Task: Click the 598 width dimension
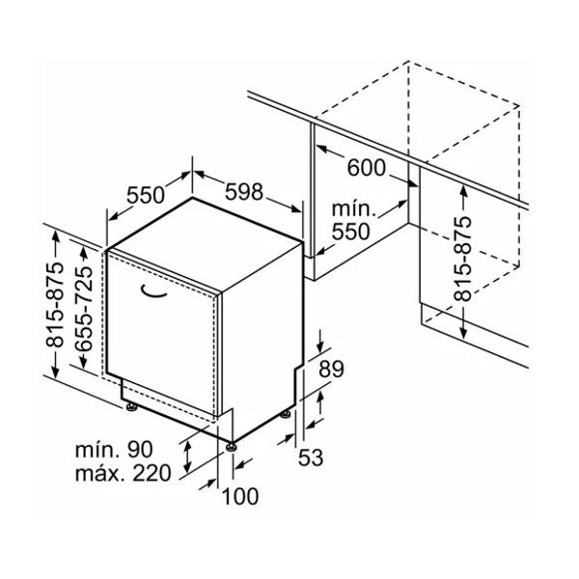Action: coord(244,192)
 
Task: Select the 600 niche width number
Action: coord(367,168)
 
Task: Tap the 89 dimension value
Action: coord(331,369)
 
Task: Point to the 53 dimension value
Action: coord(311,457)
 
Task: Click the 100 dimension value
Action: coord(240,496)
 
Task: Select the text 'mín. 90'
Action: coord(114,450)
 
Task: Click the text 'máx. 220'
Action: coord(123,473)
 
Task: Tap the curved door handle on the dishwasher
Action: coord(154,291)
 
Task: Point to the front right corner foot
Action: coord(232,447)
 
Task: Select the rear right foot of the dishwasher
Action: coord(286,414)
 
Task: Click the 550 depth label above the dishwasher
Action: coord(146,195)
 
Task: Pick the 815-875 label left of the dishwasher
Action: coord(55,305)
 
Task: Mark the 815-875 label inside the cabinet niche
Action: coord(462,259)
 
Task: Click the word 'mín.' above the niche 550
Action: coord(354,209)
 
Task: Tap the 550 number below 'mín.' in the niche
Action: coord(350,232)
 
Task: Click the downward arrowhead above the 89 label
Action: coord(320,347)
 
